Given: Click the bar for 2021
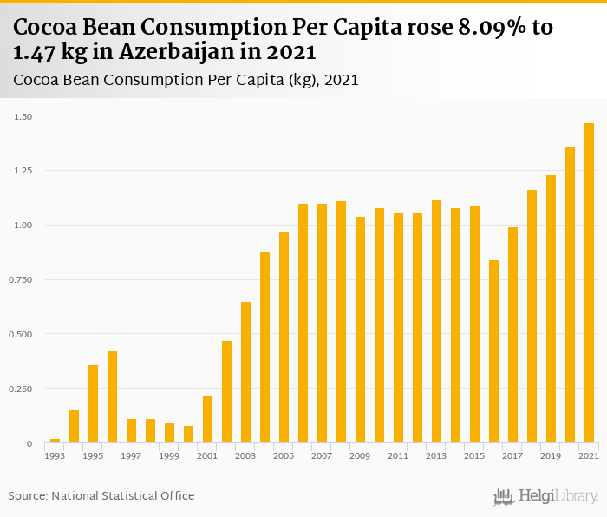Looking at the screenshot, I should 589,283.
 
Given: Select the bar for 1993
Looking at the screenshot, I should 55,441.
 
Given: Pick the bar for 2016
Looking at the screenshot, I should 493,351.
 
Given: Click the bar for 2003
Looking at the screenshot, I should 246,372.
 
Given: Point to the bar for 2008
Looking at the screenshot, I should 341,322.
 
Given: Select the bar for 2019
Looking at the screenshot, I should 551,309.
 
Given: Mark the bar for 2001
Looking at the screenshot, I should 208,419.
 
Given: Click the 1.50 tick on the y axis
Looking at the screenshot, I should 23,116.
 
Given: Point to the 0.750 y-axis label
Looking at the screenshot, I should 22,280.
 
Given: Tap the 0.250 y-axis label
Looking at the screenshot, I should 22,389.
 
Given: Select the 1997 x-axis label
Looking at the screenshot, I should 131,455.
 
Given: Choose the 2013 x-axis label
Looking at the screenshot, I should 436,455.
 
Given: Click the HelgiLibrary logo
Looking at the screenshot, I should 545,496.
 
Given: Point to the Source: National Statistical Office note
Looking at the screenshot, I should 101,495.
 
